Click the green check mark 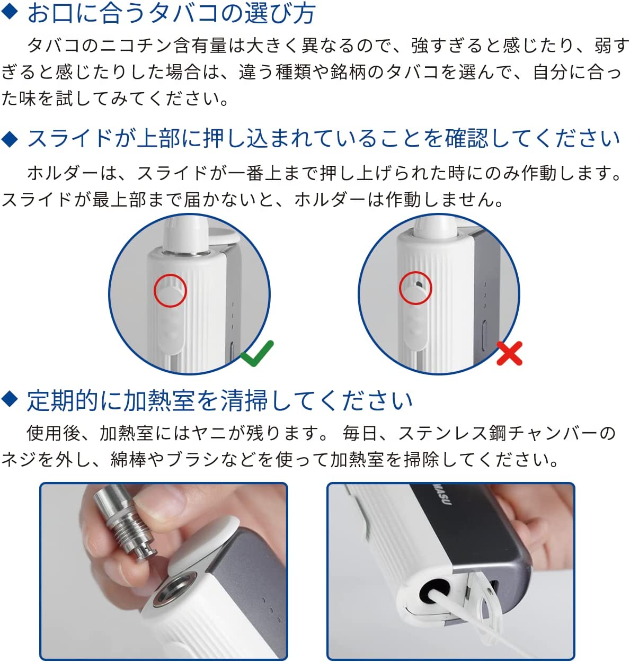pos(257,354)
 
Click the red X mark pos(509,353)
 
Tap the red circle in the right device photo pos(415,288)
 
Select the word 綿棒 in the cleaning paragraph pos(128,459)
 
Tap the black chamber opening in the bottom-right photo pos(434,591)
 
